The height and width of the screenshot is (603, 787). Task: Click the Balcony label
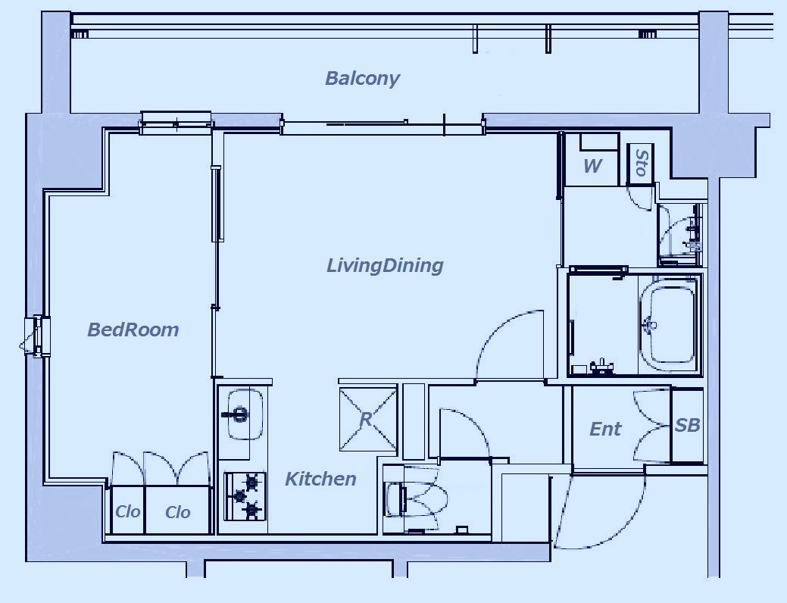coord(362,79)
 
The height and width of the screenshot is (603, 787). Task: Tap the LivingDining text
coord(385,265)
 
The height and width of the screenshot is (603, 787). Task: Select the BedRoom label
coord(133,330)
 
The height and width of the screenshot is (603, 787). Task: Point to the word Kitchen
coord(320,479)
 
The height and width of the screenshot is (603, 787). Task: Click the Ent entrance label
coord(604,429)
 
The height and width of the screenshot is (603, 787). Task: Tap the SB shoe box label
coord(687,425)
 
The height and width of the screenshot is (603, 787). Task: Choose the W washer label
coord(593,166)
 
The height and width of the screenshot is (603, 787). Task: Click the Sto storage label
coord(642,162)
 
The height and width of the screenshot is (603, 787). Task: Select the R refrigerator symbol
coord(368,417)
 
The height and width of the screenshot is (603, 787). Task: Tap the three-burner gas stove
coord(245,496)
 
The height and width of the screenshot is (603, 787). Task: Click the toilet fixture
coord(414,498)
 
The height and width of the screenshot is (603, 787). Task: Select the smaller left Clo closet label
coord(127,511)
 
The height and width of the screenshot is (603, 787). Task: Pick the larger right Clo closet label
coord(178,512)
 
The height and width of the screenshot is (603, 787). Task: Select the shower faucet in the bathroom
coord(601,366)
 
